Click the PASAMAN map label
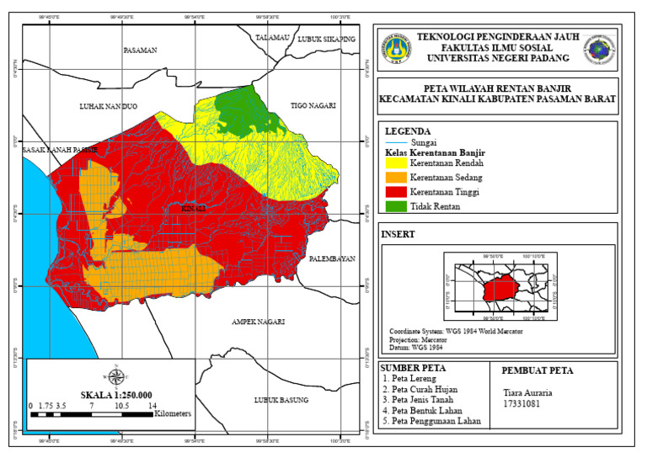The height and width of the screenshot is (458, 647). [x=140, y=51]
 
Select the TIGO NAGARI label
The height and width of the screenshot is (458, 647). [x=313, y=106]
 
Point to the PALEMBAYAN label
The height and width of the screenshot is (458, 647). [x=332, y=258]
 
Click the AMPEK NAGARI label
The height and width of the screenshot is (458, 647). [x=258, y=322]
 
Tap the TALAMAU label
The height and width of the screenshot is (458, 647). [x=273, y=38]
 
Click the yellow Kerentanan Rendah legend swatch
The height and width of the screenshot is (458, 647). [x=395, y=164]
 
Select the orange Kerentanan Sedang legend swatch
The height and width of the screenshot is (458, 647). [x=395, y=178]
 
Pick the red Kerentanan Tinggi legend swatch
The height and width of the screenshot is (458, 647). [x=395, y=193]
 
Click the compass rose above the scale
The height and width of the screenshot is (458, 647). [x=116, y=376]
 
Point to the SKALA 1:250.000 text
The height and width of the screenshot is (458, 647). [x=116, y=394]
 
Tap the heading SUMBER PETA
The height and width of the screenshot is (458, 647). [x=414, y=368]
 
